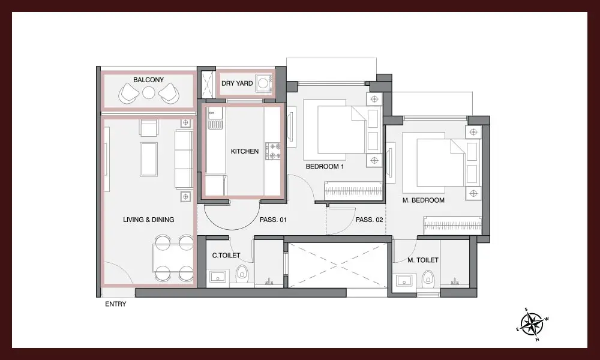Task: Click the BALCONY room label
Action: (x=148, y=80)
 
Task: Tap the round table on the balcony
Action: (x=148, y=93)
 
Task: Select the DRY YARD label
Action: (x=237, y=83)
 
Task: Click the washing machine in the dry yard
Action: (x=264, y=83)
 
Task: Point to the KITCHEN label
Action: (x=245, y=151)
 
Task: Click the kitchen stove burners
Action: (x=273, y=151)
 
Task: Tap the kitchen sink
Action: (x=215, y=118)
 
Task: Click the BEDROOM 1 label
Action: (x=325, y=166)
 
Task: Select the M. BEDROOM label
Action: (x=423, y=200)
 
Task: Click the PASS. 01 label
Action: (x=273, y=220)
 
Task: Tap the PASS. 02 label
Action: (x=369, y=220)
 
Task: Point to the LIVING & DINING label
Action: (x=148, y=220)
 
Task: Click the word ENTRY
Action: (x=116, y=304)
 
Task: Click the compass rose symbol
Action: (x=532, y=324)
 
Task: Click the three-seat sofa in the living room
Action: (x=184, y=159)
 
